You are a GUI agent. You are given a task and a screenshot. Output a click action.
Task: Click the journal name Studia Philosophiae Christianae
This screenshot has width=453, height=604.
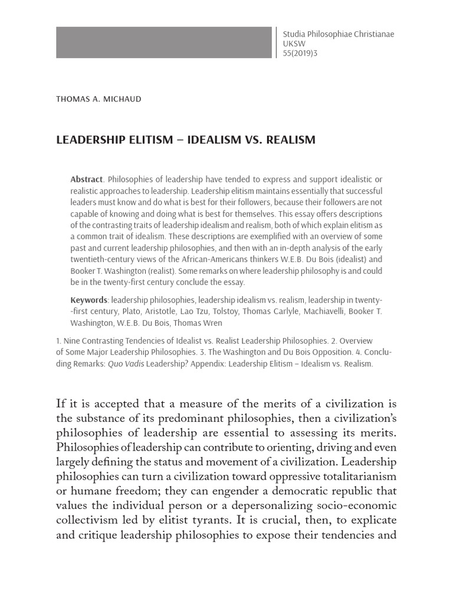[x=339, y=34]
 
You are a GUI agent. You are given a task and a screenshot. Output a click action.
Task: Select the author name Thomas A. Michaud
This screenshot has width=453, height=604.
[x=99, y=99]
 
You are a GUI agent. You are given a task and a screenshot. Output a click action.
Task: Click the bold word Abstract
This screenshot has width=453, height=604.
[x=86, y=179]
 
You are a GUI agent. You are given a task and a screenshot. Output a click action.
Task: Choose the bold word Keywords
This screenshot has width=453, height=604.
[x=88, y=300]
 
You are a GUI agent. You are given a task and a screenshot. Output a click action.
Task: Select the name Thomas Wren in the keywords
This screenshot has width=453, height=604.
[x=198, y=323]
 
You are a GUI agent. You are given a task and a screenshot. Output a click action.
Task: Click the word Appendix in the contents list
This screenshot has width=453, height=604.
[x=209, y=364]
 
